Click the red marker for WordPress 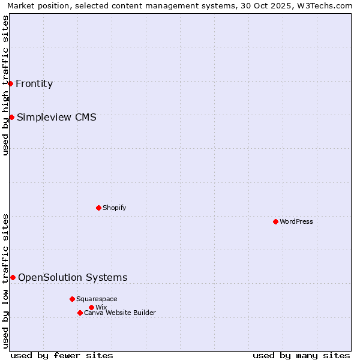pyautogui.click(x=275, y=221)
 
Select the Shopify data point pyautogui.click(x=98, y=208)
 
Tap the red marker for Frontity pyautogui.click(x=11, y=83)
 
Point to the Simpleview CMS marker pyautogui.click(x=11, y=117)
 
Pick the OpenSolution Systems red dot pyautogui.click(x=13, y=277)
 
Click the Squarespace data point pyautogui.click(x=72, y=299)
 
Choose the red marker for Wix pyautogui.click(x=91, y=307)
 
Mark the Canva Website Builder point pyautogui.click(x=80, y=313)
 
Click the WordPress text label pyautogui.click(x=296, y=221)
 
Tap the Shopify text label pyautogui.click(x=115, y=208)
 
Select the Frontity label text pyautogui.click(x=34, y=83)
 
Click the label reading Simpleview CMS pyautogui.click(x=56, y=117)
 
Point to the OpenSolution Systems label pyautogui.click(x=73, y=277)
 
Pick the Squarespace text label pyautogui.click(x=97, y=299)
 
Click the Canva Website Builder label pyautogui.click(x=120, y=313)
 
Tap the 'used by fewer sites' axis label pyautogui.click(x=62, y=355)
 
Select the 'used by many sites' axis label pyautogui.click(x=301, y=355)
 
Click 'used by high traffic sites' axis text pyautogui.click(x=5, y=85)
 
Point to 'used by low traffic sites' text pyautogui.click(x=5, y=281)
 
